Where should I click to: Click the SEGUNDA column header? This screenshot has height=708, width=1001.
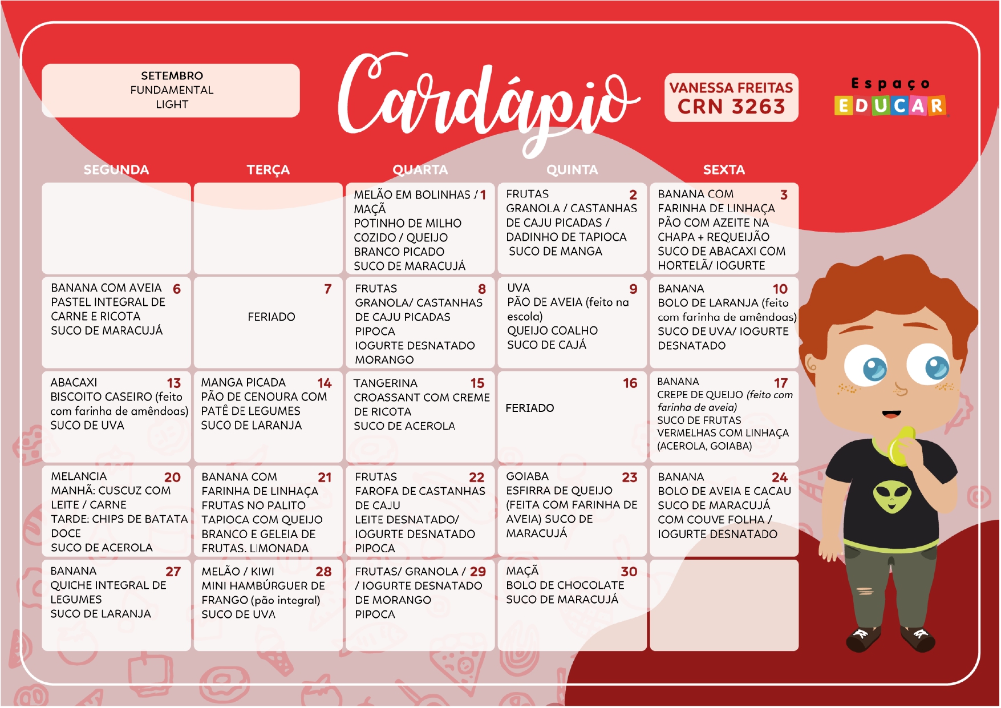tap(116, 170)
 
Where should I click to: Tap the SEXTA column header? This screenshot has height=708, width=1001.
tap(724, 170)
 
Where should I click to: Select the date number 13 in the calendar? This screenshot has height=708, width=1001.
tap(174, 383)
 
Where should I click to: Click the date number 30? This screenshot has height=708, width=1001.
tap(629, 572)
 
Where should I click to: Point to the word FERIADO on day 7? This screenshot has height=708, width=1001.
tap(271, 317)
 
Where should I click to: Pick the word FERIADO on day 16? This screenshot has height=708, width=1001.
tap(530, 408)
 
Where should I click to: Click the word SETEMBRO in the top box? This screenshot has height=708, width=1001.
tap(172, 76)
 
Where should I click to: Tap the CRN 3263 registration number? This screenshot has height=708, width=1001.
tap(731, 107)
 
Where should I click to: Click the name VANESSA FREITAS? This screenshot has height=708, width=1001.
tap(731, 88)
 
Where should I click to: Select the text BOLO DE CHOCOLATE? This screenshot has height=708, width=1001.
tap(565, 585)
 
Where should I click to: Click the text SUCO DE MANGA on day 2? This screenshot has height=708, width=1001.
tap(555, 252)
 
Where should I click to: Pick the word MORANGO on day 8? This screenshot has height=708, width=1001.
tap(384, 360)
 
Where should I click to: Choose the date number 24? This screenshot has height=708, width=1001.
tap(780, 478)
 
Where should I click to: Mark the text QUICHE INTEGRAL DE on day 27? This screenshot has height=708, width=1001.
tap(108, 585)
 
